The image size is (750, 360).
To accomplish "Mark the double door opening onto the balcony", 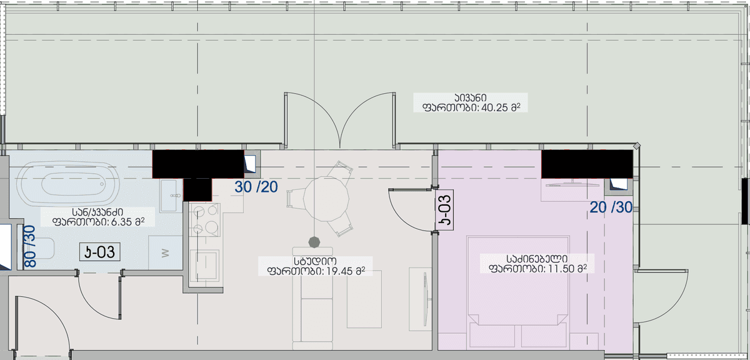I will (340, 119).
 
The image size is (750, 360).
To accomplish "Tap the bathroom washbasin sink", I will (170, 196).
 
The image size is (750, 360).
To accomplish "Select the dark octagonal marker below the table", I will (314, 241).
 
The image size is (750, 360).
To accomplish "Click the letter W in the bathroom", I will (165, 253).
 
